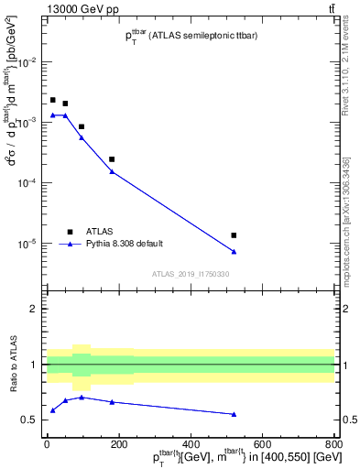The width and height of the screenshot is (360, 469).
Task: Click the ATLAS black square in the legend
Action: [70, 232]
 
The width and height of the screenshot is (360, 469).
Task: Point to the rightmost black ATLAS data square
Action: [234, 235]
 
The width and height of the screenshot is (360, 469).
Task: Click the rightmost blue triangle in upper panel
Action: [234, 252]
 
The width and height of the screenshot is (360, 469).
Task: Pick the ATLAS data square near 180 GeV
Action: [112, 159]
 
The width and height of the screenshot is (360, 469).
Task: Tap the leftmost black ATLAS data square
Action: [53, 100]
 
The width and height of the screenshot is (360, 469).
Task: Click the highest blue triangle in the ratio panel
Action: [82, 397]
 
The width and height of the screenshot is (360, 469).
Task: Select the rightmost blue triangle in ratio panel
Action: [234, 414]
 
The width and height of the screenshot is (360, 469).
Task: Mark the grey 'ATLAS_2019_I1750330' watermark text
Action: [191, 274]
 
